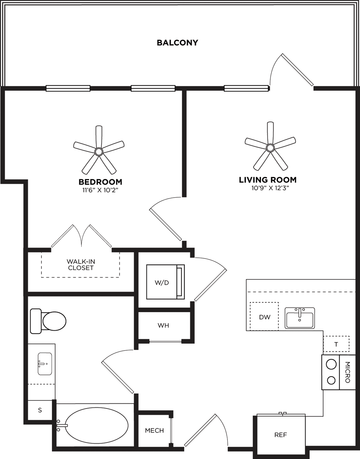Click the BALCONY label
(177, 43)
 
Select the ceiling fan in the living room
(270, 147)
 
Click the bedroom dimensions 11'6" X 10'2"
(100, 190)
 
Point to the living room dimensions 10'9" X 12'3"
(268, 188)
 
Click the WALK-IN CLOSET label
(81, 265)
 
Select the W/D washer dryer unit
(162, 282)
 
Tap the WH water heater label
(163, 326)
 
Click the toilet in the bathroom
(48, 321)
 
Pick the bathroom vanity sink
(44, 364)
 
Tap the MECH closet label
(154, 430)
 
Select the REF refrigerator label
(280, 435)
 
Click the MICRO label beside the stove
(347, 372)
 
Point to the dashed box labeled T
(336, 344)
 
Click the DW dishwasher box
(264, 317)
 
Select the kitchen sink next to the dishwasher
(299, 318)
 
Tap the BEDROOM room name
(100, 182)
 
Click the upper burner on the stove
(331, 364)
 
